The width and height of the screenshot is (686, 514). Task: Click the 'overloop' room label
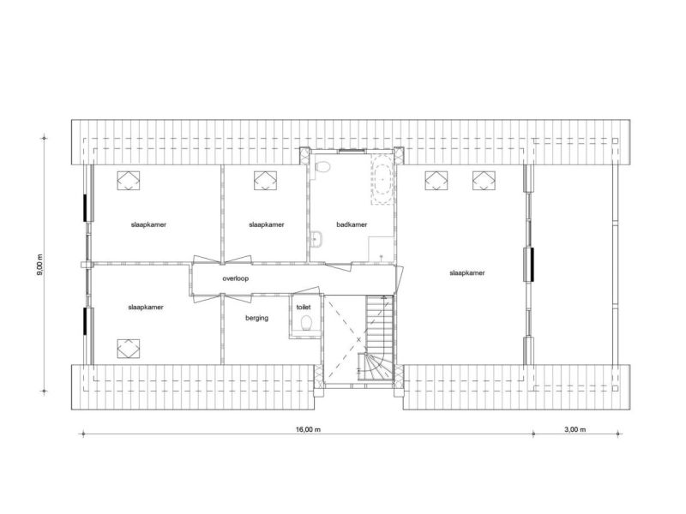pos(235,278)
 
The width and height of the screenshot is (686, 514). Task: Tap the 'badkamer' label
pos(352,224)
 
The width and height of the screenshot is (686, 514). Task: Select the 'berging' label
pos(256,318)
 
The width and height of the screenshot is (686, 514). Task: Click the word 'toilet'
pos(304,308)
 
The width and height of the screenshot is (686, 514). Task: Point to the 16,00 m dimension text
pos(308,429)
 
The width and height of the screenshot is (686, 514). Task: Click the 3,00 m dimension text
pos(575,429)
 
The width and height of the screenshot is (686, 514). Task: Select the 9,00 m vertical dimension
pos(40,265)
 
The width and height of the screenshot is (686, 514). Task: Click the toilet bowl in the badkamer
pos(323,167)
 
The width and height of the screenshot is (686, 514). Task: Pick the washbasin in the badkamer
pos(316,239)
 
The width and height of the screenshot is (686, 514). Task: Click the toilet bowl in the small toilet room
pos(306,323)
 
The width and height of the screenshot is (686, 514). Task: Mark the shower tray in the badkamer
pos(381,249)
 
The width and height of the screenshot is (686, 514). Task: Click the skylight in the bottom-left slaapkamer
pos(129,349)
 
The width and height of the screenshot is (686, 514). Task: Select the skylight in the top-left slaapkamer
pos(129,180)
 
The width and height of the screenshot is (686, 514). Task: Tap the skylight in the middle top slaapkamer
pos(266,180)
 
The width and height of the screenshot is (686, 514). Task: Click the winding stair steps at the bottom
pos(376,367)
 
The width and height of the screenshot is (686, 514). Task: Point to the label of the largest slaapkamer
pos(467,272)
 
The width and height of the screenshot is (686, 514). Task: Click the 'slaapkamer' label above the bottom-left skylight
pos(146,308)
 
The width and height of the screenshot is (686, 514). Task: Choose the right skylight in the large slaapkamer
pos(484,180)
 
